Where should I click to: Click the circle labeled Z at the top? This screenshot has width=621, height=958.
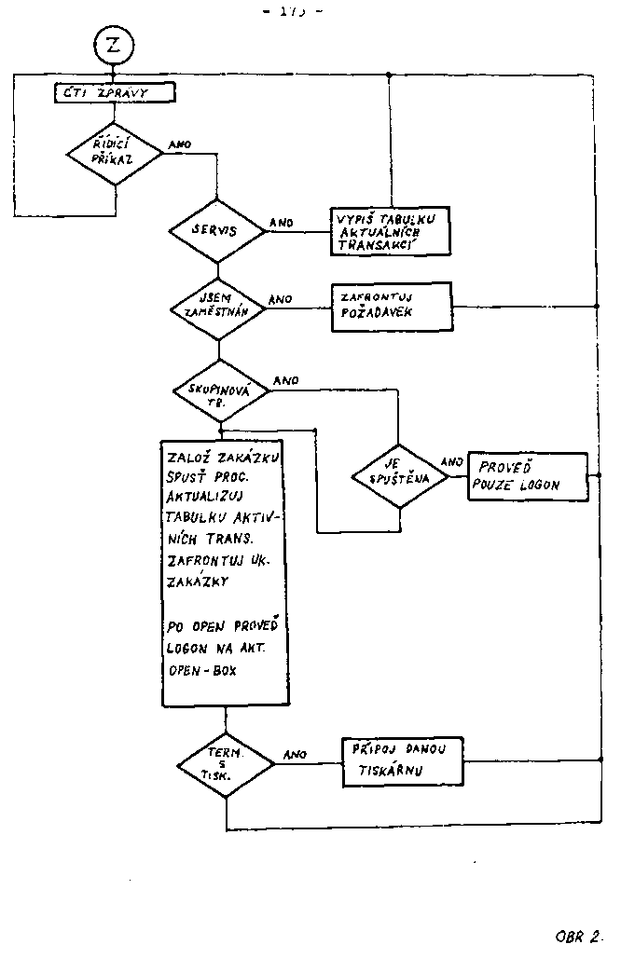[x=114, y=46]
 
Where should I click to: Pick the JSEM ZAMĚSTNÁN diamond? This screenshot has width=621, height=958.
[x=217, y=307]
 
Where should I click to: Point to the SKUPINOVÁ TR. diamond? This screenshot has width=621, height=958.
[x=219, y=391]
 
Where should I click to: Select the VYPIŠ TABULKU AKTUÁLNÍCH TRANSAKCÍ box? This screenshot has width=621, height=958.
[x=388, y=229]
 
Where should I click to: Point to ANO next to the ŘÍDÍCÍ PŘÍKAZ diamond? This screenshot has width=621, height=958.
[x=180, y=145]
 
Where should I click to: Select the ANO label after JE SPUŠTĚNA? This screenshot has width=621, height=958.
[x=451, y=461]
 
